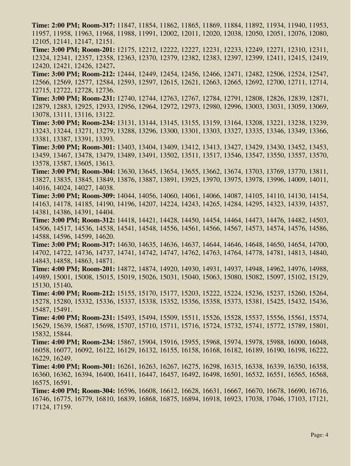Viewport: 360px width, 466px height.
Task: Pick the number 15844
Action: click(x=61, y=334)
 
